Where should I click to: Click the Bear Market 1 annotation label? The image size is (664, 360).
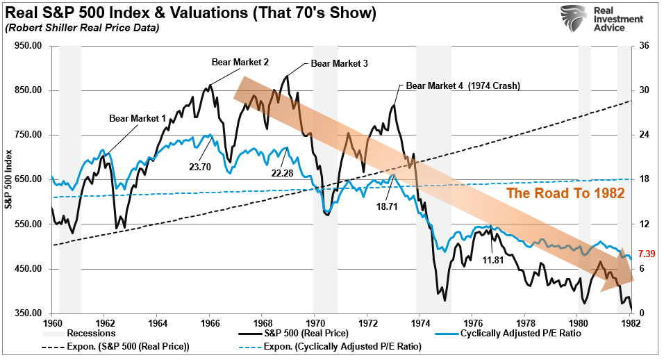tap(138, 118)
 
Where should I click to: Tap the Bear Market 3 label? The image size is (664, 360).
tap(339, 63)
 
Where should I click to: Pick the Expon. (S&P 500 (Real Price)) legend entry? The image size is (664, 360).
tap(116, 345)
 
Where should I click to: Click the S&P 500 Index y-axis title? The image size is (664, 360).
tap(9, 179)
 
